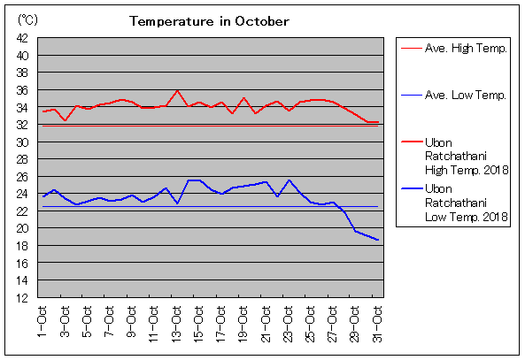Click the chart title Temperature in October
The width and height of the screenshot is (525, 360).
(209, 21)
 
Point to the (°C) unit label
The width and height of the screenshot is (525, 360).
(27, 20)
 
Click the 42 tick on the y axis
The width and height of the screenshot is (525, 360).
(22, 38)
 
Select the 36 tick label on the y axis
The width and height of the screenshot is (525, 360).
(22, 90)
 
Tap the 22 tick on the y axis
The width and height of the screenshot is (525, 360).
(22, 211)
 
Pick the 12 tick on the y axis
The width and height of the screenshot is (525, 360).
(22, 298)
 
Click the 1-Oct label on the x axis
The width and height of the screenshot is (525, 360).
(42, 322)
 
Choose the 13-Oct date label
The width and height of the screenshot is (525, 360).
(175, 324)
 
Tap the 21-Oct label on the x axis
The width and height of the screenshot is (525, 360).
(265, 324)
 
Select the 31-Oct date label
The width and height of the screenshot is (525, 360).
(376, 324)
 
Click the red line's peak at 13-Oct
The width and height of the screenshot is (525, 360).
(177, 90)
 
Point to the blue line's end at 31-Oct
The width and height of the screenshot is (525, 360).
(378, 240)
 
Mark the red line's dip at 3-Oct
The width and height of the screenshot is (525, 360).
(66, 120)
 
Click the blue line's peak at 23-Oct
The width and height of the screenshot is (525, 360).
(290, 180)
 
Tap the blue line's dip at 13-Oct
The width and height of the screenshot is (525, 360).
(177, 203)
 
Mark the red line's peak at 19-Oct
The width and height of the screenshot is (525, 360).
(244, 98)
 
